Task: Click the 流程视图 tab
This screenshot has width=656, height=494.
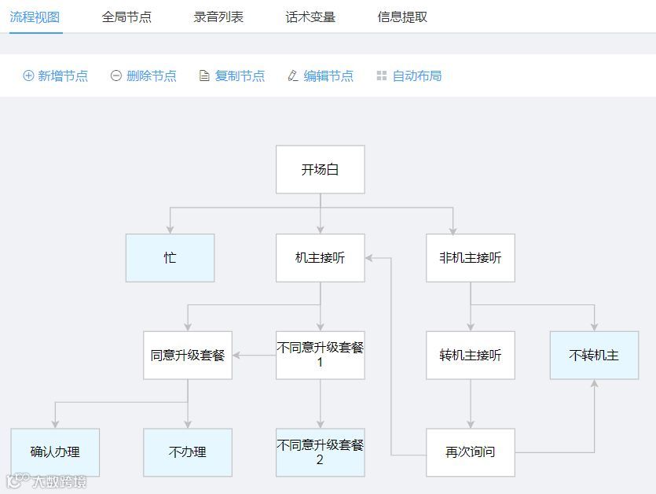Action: [x=35, y=17]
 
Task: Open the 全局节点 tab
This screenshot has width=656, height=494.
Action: [x=126, y=17]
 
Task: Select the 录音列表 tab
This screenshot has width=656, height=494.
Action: [x=218, y=17]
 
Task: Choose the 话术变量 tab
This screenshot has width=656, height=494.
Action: [x=310, y=17]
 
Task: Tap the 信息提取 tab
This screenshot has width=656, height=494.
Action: [x=402, y=17]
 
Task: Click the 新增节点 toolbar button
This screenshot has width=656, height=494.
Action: [x=56, y=76]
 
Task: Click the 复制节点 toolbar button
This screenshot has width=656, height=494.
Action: [x=233, y=76]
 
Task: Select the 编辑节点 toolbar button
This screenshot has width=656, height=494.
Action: [x=321, y=76]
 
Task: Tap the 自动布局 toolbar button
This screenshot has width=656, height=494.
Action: [x=409, y=76]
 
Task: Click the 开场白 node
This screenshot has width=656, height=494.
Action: [x=320, y=169]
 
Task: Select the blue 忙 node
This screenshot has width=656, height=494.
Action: [x=170, y=257]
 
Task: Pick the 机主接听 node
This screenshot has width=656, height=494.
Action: [x=320, y=257]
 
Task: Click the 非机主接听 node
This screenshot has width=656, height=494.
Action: [x=470, y=257]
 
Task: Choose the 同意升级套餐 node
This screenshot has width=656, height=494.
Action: [x=188, y=355]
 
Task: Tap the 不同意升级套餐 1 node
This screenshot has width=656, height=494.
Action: [x=320, y=355]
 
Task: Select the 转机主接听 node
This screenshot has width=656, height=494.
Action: [x=470, y=355]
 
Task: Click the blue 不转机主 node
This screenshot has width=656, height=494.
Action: [x=594, y=355]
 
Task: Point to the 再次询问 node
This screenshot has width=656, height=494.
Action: [x=470, y=452]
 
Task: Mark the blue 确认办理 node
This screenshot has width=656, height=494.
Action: [x=55, y=452]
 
